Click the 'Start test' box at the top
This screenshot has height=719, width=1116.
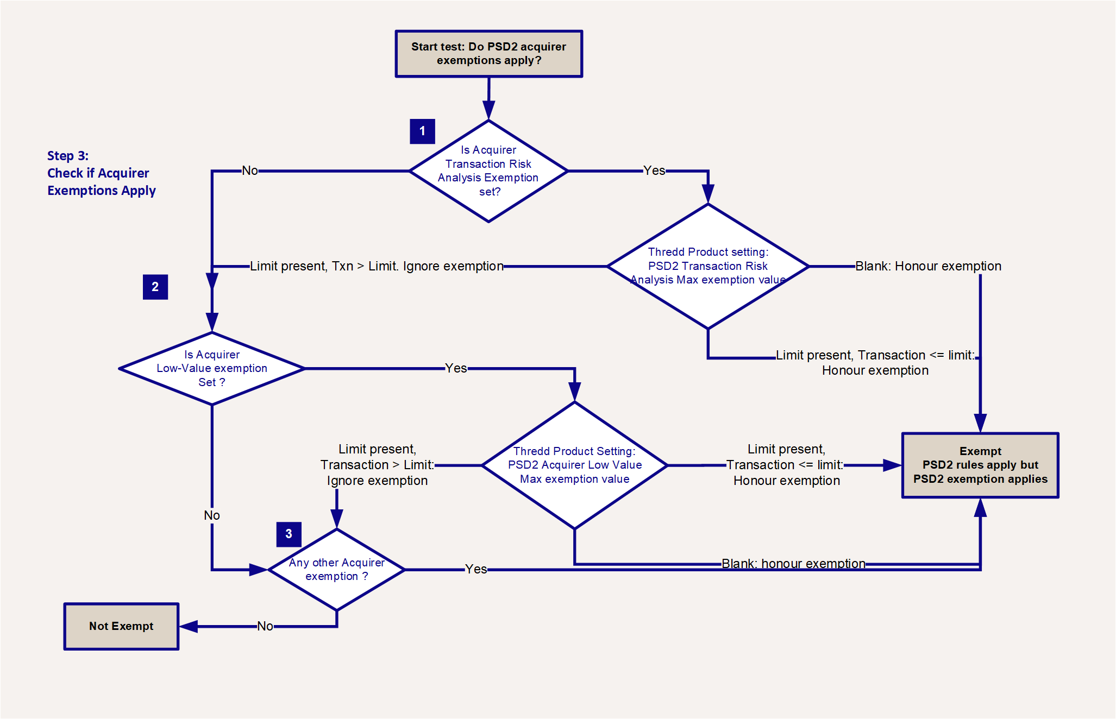click(x=489, y=54)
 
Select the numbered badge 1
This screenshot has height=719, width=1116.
click(x=422, y=131)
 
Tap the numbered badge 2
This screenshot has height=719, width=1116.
click(x=155, y=287)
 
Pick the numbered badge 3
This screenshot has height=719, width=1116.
click(x=289, y=534)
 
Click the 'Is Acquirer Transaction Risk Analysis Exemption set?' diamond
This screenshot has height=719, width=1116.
click(x=488, y=171)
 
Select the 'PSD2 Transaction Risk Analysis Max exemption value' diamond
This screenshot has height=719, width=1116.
click(x=708, y=266)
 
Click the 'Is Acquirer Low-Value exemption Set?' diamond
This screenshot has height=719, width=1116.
click(x=212, y=368)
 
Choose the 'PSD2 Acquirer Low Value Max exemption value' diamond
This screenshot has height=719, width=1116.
click(x=575, y=465)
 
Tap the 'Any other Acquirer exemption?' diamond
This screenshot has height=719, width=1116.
click(x=337, y=570)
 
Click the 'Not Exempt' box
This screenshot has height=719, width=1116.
click(x=121, y=626)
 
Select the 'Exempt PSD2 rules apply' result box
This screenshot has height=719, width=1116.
click(x=980, y=465)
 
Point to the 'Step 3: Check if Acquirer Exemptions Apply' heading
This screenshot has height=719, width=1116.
click(x=102, y=173)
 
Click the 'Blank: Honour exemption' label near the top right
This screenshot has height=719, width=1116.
click(x=928, y=266)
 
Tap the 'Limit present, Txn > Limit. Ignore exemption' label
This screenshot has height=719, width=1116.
click(x=377, y=266)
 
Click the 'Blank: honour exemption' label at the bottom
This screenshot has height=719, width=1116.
click(x=793, y=564)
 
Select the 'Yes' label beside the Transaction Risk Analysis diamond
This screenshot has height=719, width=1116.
click(x=654, y=171)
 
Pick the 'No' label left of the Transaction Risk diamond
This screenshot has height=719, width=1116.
click(x=250, y=171)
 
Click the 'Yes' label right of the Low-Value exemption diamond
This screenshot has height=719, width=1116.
click(x=456, y=368)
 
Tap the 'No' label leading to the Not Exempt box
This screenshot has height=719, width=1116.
click(x=265, y=626)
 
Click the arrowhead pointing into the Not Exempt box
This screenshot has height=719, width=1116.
click(x=188, y=627)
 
